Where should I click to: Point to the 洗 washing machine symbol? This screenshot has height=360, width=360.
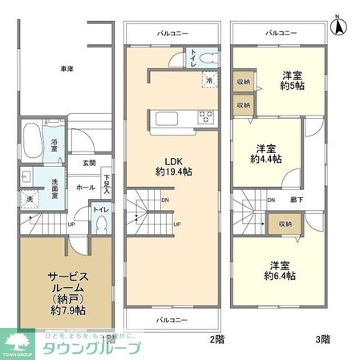pyautogui.click(x=28, y=199)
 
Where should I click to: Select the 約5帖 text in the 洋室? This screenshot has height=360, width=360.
pyautogui.click(x=291, y=89)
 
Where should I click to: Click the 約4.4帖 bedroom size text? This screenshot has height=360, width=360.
pyautogui.click(x=266, y=159)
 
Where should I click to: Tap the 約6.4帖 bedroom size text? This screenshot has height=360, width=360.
pyautogui.click(x=281, y=275)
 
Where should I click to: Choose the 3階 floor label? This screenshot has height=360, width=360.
pyautogui.click(x=322, y=339)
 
